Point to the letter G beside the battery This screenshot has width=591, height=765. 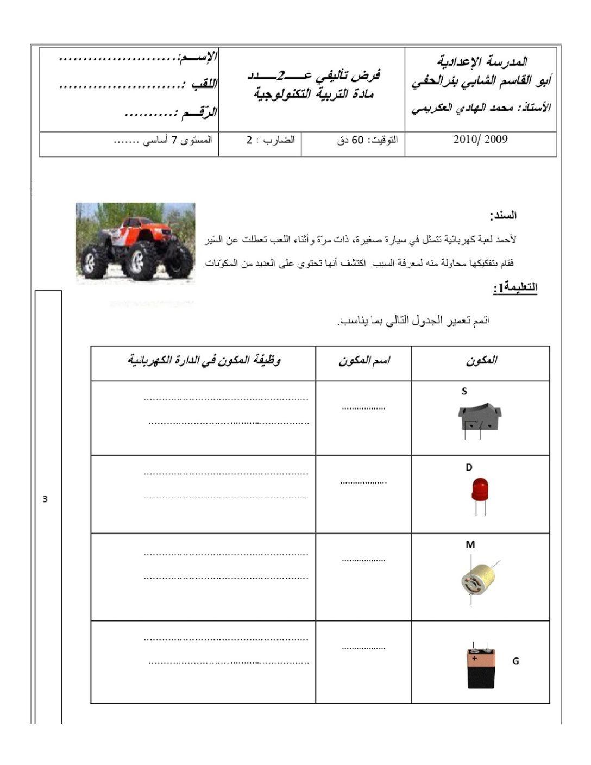coord(515,661)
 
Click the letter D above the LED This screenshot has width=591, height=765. coord(469,467)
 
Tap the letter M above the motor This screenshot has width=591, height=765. coord(470,544)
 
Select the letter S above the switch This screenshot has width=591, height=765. coord(464,391)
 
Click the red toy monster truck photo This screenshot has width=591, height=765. coord(135,243)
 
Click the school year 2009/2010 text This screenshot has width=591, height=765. coord(480,140)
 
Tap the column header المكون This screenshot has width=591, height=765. coord(481,360)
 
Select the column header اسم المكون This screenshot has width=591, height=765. coord(364,360)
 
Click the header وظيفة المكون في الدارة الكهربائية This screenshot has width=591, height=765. coord(204,360)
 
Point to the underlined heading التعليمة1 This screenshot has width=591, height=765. coord(515,287)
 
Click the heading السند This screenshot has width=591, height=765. coord(503,216)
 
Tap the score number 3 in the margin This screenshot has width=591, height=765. coord(45,499)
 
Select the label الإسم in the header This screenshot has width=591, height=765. coord(198,57)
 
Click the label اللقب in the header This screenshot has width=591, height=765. coord(203,84)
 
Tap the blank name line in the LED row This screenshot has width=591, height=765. coord(363,482)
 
